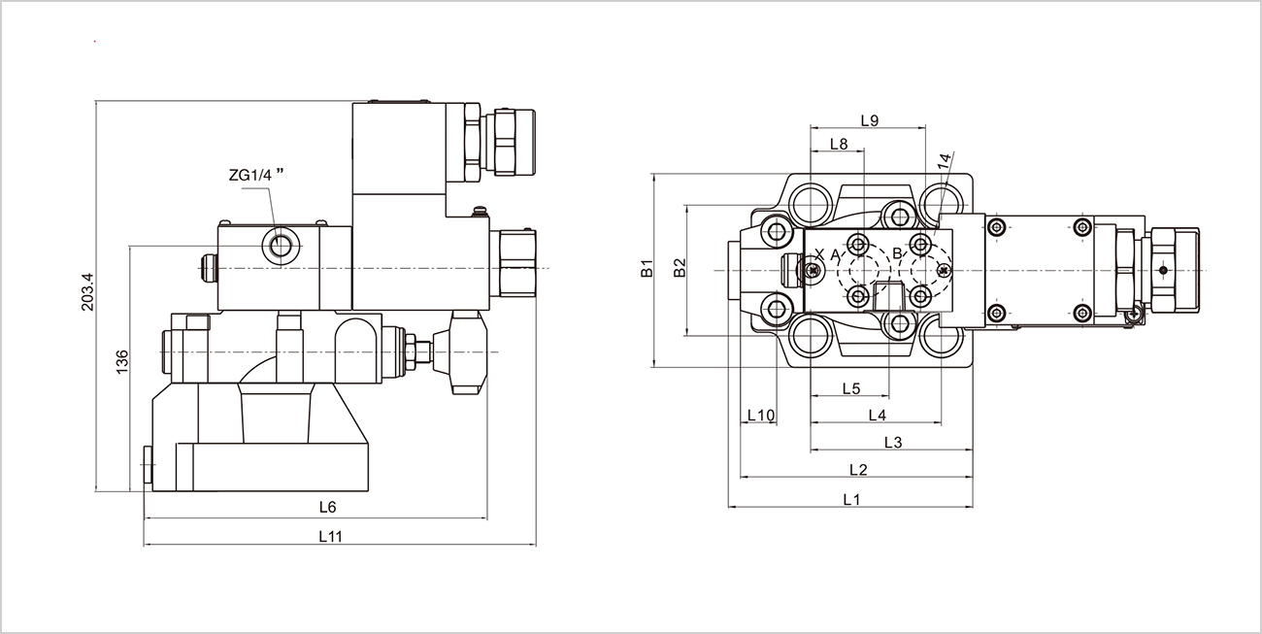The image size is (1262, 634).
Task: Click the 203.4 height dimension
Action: click(86, 292)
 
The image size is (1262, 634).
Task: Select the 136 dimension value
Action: click(121, 361)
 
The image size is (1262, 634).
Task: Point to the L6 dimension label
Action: click(327, 507)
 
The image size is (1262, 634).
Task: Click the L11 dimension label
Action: click(331, 535)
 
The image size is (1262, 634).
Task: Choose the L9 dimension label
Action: click(870, 121)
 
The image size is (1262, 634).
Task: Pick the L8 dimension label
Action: click(839, 145)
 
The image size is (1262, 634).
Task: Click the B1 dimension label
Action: click(648, 270)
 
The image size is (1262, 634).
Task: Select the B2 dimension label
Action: click(681, 268)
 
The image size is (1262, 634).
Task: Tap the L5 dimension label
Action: click(850, 388)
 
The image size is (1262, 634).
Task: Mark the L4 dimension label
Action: click(877, 416)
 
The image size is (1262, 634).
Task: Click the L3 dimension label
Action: click(893, 443)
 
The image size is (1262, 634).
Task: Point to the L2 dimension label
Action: click(857, 470)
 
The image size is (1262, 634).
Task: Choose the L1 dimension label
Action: click(852, 500)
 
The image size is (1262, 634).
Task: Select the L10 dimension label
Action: click(761, 416)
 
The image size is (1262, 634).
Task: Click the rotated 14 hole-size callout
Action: click(945, 163)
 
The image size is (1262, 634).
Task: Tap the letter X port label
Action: click(819, 254)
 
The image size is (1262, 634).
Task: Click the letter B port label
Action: click(898, 254)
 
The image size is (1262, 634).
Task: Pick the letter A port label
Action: click(835, 254)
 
